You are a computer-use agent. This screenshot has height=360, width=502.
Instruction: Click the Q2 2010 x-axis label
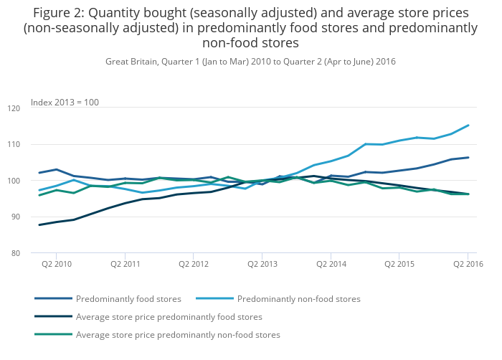pos(57,264)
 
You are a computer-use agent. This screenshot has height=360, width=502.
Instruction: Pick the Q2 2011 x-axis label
pos(126,264)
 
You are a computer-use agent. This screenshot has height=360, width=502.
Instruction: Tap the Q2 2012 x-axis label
pos(194,264)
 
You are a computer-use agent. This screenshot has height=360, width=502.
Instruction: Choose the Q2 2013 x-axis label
pos(262,264)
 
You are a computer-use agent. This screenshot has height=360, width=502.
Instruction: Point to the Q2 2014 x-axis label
pos(331,264)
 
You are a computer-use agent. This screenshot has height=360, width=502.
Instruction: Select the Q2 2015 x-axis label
pos(399,264)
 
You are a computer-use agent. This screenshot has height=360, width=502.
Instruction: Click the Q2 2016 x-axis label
pos(468,264)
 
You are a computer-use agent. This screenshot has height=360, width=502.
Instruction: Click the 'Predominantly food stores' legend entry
pos(128,298)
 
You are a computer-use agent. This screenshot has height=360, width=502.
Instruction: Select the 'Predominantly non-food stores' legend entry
pos(298,298)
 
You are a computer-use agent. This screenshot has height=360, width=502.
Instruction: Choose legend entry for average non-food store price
pos(178,334)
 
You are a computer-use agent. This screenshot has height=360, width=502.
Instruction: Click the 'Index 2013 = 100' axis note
pos(65,103)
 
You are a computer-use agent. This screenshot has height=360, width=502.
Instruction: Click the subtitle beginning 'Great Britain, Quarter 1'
pos(250,62)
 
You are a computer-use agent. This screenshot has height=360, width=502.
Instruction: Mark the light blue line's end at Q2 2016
pos(468,125)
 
